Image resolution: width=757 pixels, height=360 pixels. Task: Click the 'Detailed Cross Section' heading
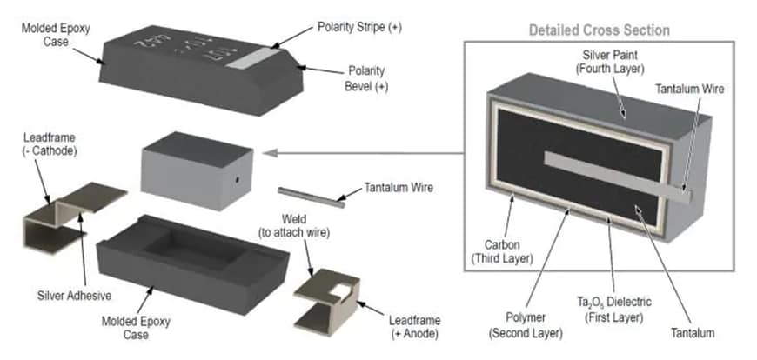(x=600, y=30)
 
